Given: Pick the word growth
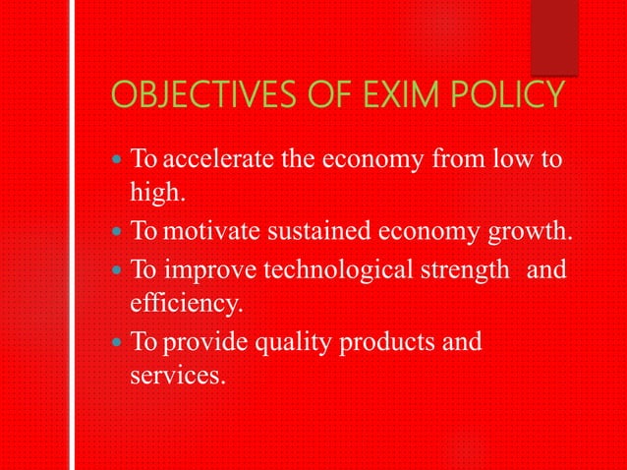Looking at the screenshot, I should tap(535, 233).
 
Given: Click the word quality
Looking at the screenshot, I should tap(298, 343).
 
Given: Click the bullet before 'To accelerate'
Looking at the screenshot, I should tap(117, 158).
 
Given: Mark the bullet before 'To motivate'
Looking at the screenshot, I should tap(117, 233).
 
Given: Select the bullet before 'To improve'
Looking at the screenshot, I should tap(117, 269).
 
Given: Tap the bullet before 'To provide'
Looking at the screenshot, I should tap(117, 343).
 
